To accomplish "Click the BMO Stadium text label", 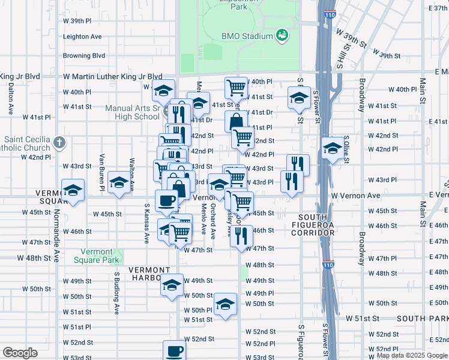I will [247, 36].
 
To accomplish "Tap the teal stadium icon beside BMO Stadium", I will [282, 36].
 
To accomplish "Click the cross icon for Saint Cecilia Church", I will [58, 143].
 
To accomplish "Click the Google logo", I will [20, 353].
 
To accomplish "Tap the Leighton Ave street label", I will [82, 37].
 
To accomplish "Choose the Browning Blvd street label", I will [85, 56].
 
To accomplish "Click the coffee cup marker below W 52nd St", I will [175, 350].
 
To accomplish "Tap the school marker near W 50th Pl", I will [225, 304].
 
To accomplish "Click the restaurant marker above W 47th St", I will [242, 235].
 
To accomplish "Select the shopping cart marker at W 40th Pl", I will [236, 88].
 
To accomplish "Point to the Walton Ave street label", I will [131, 170].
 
